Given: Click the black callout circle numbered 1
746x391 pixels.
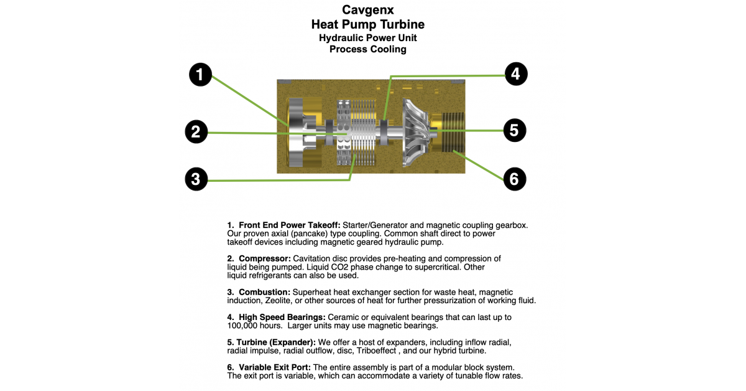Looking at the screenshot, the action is click(x=200, y=74).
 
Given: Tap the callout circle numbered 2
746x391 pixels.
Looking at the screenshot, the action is click(x=196, y=132).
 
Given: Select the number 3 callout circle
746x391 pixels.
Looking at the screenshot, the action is click(x=196, y=179).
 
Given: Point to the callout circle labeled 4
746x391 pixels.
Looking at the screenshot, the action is click(x=516, y=73).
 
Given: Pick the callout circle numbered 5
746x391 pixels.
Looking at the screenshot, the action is click(x=515, y=130).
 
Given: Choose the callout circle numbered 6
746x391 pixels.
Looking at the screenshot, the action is click(x=515, y=179).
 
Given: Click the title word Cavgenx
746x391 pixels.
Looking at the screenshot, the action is click(x=368, y=10).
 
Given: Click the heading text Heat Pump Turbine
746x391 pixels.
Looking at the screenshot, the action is click(x=368, y=24).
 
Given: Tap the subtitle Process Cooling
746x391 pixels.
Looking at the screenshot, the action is click(x=368, y=49).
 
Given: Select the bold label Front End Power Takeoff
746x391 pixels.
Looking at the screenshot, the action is click(x=290, y=225).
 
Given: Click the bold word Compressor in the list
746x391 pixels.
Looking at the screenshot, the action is click(x=265, y=259).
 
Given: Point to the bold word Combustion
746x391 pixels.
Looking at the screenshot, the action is click(x=264, y=292).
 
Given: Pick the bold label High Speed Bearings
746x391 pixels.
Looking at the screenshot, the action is click(x=282, y=318).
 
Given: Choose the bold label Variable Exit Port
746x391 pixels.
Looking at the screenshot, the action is click(x=275, y=367).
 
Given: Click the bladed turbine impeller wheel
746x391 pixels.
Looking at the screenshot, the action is click(x=417, y=132).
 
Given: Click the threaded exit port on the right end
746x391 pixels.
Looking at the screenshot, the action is click(x=453, y=132).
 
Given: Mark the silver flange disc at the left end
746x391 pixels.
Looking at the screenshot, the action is click(x=296, y=133).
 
